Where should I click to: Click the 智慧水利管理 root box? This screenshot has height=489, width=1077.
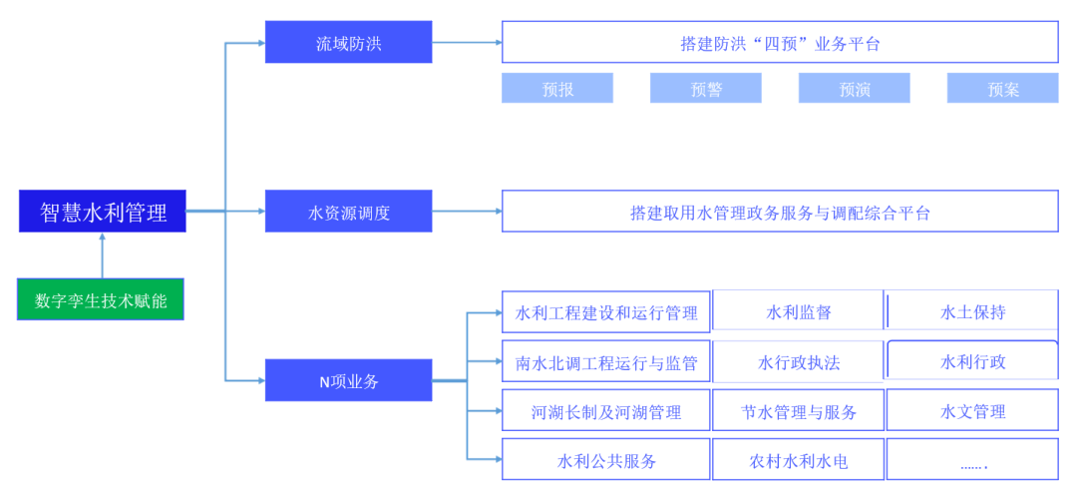pos(102,212)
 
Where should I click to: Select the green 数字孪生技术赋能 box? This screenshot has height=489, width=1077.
pos(101,299)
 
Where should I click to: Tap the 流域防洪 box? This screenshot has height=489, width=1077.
pos(348,43)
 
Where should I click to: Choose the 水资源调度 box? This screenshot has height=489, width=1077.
pos(348,212)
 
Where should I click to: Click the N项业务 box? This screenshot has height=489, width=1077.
pos(348,380)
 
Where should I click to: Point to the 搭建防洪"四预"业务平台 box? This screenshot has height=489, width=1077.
pos(779,43)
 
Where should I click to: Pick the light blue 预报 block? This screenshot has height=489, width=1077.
pos(557,89)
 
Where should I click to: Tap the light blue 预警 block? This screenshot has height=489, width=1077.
pos(705,89)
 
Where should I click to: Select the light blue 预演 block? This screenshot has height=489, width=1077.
pos(854,89)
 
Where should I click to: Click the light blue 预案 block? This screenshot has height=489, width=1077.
pos(1002,89)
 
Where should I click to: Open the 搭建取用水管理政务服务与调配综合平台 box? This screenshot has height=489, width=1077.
pos(779,212)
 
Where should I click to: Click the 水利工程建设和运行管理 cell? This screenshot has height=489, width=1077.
pos(606,311)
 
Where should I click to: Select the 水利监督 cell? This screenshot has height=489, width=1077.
pos(798,311)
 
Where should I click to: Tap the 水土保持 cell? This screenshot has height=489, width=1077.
pos(972,311)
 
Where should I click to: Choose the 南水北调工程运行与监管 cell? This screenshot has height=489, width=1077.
pos(606,361)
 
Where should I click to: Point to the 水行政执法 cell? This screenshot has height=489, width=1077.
pos(798,361)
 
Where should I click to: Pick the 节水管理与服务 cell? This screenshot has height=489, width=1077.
pos(798,411)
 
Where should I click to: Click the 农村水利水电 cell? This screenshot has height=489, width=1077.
pos(798,460)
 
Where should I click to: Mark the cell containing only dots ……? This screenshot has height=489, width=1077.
pos(972,460)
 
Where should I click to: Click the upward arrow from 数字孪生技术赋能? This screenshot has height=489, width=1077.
pos(102,255)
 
